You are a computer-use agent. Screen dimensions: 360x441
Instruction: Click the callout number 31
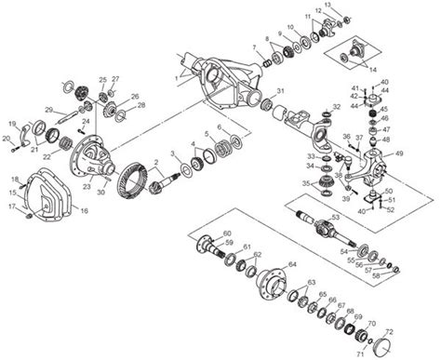coord(279,92)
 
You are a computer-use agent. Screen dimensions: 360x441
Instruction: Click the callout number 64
coord(291,265)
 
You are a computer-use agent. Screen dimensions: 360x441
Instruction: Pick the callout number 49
coord(398,153)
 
